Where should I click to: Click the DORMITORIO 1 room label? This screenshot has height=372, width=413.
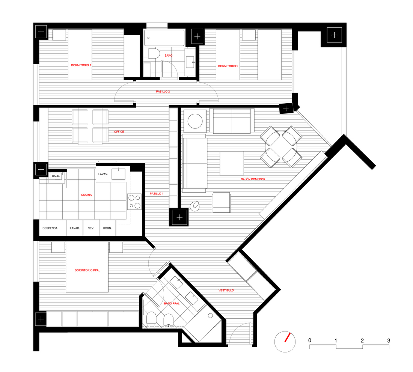click(81, 65)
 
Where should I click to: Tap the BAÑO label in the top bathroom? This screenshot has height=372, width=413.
click(169, 56)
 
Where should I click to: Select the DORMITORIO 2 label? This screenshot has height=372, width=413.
click(228, 66)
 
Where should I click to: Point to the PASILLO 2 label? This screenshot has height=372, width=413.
click(163, 92)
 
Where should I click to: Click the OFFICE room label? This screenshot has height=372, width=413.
click(119, 132)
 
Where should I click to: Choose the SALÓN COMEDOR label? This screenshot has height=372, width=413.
click(253, 179)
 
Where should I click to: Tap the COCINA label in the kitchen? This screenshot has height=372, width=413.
click(86, 195)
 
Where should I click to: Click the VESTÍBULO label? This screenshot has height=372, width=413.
click(226, 291)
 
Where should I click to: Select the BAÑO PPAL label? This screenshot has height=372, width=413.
click(172, 304)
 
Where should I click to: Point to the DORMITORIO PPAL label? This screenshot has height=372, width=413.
click(87, 270)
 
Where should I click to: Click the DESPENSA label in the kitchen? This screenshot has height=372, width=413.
click(50, 228)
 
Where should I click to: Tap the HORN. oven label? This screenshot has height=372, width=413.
click(107, 228)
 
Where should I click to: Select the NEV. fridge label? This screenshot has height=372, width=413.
click(91, 228)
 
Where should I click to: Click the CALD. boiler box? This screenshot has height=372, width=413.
click(56, 176)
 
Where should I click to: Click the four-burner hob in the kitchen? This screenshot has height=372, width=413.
click(134, 202)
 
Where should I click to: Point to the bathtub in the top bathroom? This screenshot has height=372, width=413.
click(164, 38)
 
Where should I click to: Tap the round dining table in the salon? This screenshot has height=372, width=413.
click(281, 147)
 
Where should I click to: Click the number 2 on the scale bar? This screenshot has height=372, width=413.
click(362, 340)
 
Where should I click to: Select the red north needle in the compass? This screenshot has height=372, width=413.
click(287, 337)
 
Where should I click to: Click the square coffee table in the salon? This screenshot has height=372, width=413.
click(232, 163)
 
